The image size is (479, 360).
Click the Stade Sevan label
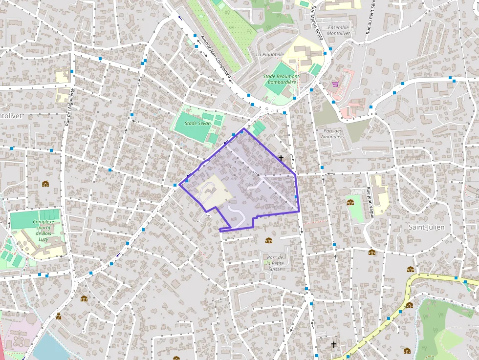pyautogui.click(x=197, y=124)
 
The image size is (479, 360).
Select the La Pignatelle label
pyautogui.click(x=270, y=54)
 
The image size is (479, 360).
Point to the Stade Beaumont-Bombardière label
pyautogui.click(x=281, y=80)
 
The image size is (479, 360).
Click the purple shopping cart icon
pyautogui.click(x=335, y=84)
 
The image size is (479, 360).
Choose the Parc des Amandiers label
pyautogui.click(x=332, y=133)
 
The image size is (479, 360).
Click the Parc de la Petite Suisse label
pyautogui.click(x=276, y=263)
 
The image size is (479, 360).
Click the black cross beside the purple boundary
pyautogui.click(x=281, y=158)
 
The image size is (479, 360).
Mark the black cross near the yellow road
pyautogui.click(x=333, y=344)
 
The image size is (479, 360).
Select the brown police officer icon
pyautogui.click(x=59, y=316)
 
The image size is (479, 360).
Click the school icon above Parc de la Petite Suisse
pyautogui.click(x=268, y=240)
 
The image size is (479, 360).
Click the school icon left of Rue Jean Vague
pyautogui.click(x=350, y=202)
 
